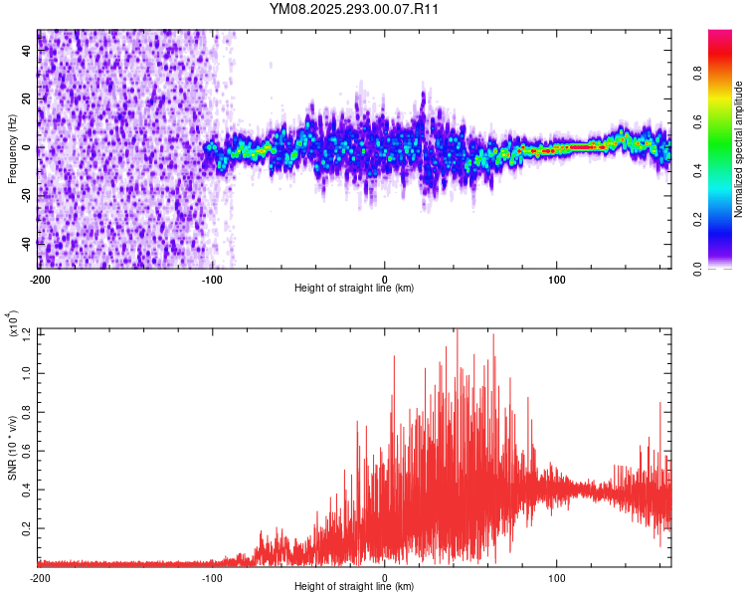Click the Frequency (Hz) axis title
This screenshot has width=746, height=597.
11,149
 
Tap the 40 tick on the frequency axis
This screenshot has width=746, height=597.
27,52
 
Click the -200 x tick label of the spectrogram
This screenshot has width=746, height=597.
40,278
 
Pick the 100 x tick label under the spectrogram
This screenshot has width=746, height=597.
557,278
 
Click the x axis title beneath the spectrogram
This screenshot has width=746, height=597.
354,288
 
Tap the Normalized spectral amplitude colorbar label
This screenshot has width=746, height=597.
738,149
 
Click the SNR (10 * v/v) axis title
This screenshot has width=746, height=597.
13,448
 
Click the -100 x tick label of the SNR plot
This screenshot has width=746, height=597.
212,577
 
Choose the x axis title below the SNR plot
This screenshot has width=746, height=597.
354,587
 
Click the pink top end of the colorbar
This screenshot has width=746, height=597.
720,36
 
